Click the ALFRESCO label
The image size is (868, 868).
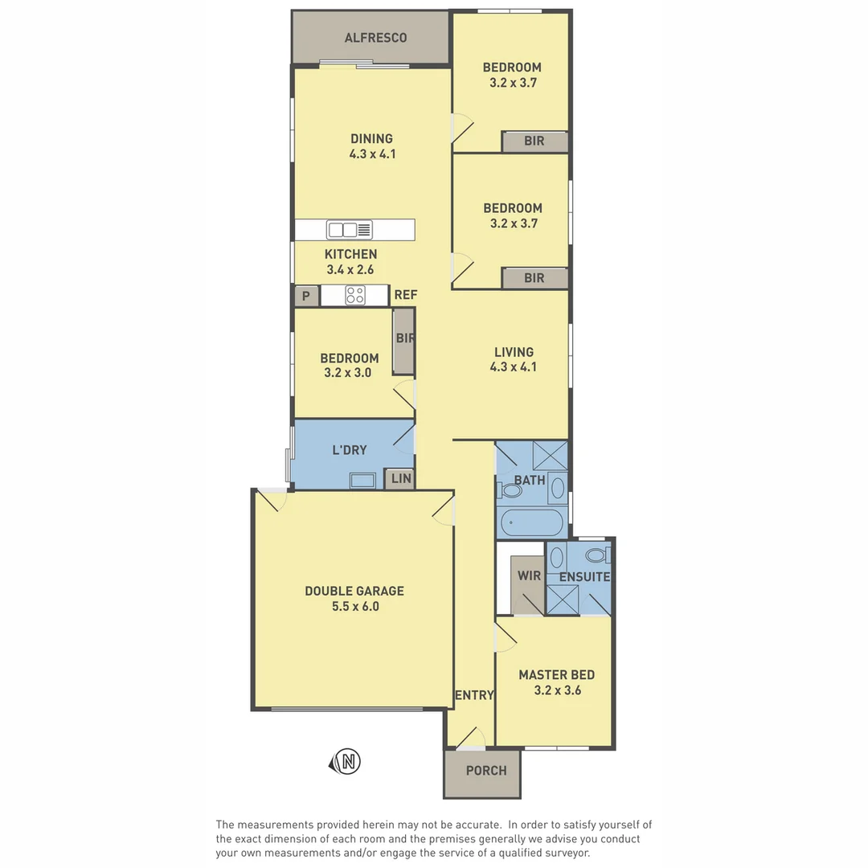click(375, 38)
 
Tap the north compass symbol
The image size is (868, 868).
click(346, 762)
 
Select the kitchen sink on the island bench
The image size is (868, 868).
click(350, 230)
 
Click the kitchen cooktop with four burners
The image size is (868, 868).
click(355, 296)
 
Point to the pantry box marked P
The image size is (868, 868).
click(306, 296)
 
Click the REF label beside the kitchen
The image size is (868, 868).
click(405, 295)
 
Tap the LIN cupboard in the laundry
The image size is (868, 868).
click(400, 479)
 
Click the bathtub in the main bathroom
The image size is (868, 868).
click(531, 522)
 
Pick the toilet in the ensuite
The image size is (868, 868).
click(598, 554)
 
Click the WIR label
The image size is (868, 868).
click(529, 575)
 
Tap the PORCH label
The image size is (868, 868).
click(486, 771)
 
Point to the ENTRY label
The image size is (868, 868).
click(474, 695)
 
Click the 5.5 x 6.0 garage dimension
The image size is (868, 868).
click(355, 607)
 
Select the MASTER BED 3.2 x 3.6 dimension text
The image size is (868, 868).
click(558, 690)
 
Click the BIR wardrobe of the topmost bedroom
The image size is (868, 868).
click(534, 141)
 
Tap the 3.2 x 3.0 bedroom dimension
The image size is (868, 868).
click(348, 373)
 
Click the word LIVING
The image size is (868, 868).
click(514, 352)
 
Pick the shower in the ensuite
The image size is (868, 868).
click(563, 600)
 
